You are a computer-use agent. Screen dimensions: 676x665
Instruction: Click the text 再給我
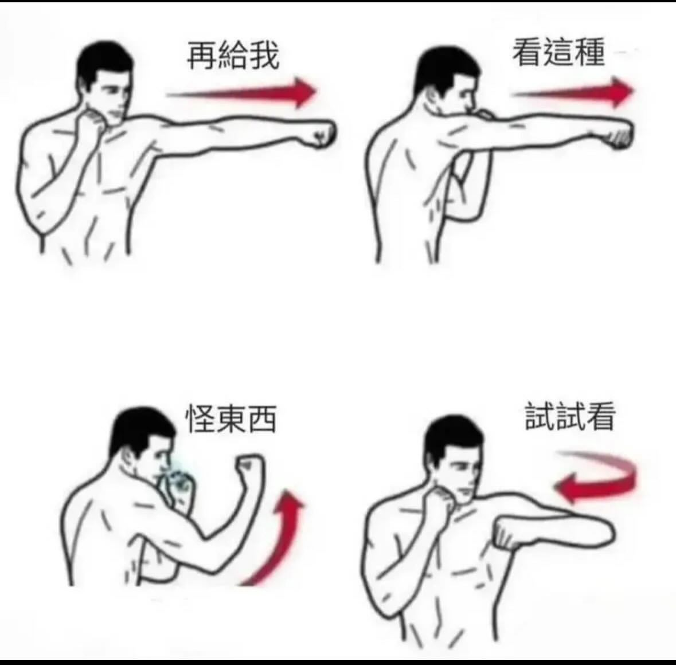point(233,56)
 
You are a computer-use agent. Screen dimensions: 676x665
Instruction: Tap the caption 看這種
point(558,52)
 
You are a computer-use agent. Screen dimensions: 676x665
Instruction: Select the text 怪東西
point(230,418)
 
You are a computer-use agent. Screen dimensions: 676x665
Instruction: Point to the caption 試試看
point(570,416)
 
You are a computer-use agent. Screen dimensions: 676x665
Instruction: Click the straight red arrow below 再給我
point(241,92)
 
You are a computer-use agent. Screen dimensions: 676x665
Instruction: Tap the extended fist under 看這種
point(619,134)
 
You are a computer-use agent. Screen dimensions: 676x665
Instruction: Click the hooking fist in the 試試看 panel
point(509,534)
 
